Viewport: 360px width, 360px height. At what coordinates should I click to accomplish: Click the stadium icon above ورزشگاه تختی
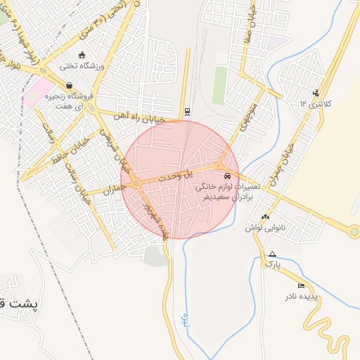(82, 56)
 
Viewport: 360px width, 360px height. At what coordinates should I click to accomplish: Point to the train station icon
(186, 111)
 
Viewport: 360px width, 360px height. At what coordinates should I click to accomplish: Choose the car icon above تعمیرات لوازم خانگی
(226, 176)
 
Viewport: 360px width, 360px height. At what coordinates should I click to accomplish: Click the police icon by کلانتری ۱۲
(316, 91)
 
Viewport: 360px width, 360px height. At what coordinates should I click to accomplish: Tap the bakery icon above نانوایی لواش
(264, 217)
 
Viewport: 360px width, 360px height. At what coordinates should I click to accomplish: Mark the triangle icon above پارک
(272, 254)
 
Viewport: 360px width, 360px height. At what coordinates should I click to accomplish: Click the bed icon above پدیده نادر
(302, 285)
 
